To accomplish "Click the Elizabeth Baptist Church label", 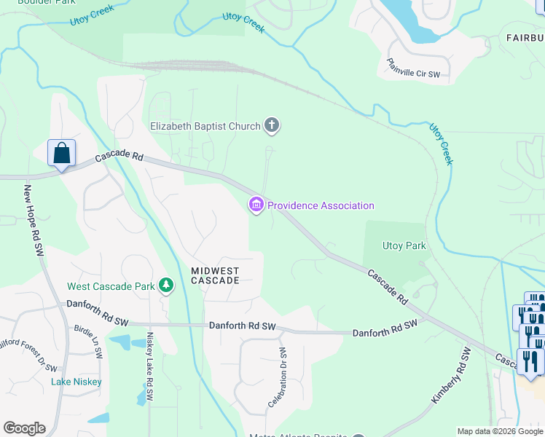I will coord(205,126).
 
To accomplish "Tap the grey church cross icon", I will coord(272,126).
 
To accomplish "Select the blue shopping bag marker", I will coord(62,154).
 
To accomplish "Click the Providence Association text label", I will coord(321,205).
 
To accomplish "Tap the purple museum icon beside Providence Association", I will coord(256,205).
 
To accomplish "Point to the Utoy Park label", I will coord(404,246).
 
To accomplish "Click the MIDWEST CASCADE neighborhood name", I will coord(215,275).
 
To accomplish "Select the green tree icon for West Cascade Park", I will coord(167,286).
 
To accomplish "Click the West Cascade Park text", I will coord(111,286).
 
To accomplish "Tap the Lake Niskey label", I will coord(77,382).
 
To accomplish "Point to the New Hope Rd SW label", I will coord(34,219).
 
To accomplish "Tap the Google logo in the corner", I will coord(24,428).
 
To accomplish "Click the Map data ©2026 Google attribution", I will coord(500,431).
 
